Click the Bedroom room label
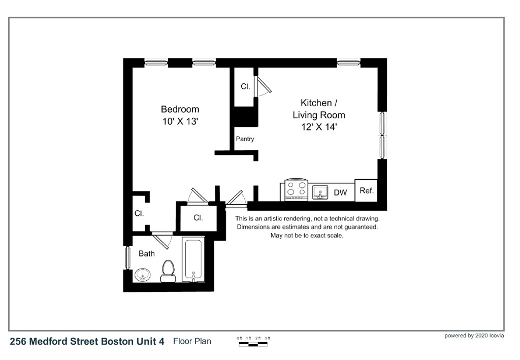(x=180, y=109)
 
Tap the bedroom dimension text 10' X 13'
(x=180, y=121)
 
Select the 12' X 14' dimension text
(x=318, y=127)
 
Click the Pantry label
(x=245, y=139)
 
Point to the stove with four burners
(x=296, y=189)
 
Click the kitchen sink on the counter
(x=320, y=192)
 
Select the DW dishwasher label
(x=340, y=193)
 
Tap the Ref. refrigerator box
(x=366, y=191)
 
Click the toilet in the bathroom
(x=168, y=271)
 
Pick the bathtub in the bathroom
(x=193, y=259)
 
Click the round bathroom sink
(x=143, y=275)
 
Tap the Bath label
(x=147, y=253)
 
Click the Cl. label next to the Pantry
(x=245, y=87)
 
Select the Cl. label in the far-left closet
(x=139, y=214)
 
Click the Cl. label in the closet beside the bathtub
(x=199, y=217)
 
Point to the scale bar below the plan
(x=254, y=343)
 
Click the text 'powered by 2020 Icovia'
(x=474, y=336)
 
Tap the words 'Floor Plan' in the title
(x=192, y=341)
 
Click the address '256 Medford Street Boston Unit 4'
(x=87, y=342)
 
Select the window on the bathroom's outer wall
(x=127, y=258)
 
